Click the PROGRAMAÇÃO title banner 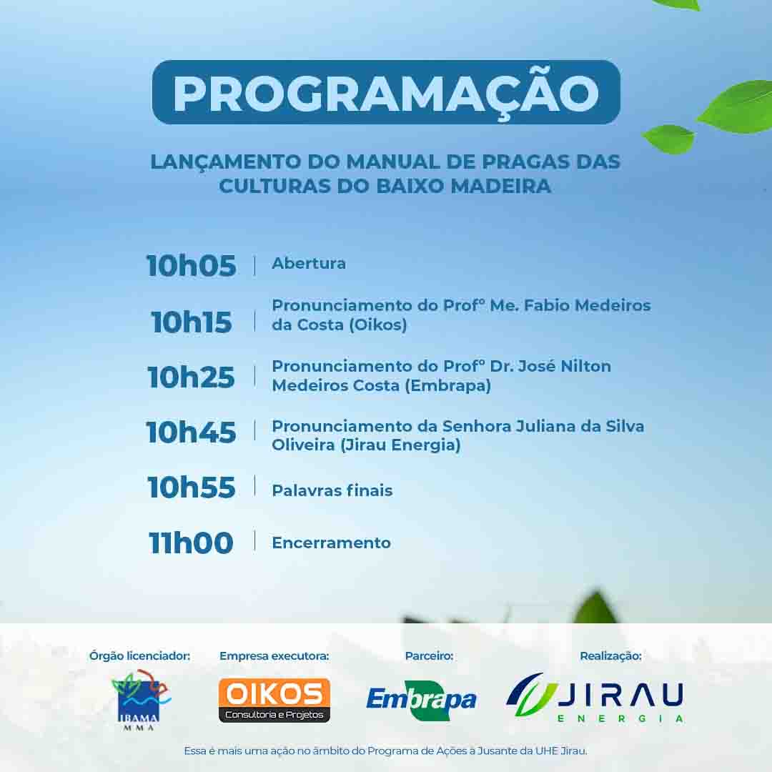(386, 92)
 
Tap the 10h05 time (191, 266)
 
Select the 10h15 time (191, 322)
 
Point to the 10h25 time (191, 377)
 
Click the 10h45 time (191, 432)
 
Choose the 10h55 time (191, 488)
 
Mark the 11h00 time (191, 543)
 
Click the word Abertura (309, 263)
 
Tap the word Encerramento (332, 543)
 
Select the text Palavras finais (332, 490)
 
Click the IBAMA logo (140, 700)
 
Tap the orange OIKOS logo (274, 700)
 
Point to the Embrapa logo (422, 700)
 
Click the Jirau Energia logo (595, 698)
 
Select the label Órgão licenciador (140, 655)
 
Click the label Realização (610, 655)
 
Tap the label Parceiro (430, 655)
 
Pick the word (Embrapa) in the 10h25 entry (447, 385)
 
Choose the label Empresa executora (274, 655)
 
